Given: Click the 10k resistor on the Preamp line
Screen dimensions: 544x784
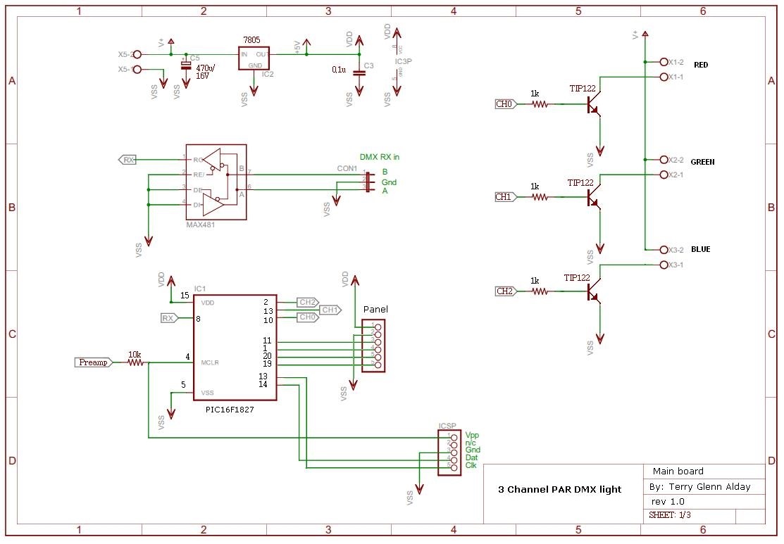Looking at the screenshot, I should pyautogui.click(x=135, y=362).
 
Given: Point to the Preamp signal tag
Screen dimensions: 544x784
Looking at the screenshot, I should pyautogui.click(x=92, y=362).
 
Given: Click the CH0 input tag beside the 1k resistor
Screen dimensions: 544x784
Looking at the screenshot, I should pyautogui.click(x=505, y=104).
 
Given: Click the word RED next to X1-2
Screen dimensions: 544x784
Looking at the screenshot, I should pyautogui.click(x=701, y=65).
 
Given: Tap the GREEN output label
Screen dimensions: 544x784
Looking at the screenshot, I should pyautogui.click(x=702, y=162).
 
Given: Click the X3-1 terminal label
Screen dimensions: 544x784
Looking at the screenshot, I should pyautogui.click(x=676, y=265).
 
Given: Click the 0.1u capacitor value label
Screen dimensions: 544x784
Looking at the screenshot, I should pyautogui.click(x=338, y=70).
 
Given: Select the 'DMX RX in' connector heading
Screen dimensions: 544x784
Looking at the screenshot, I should pyautogui.click(x=384, y=157).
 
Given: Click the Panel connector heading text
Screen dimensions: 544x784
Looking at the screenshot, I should pyautogui.click(x=375, y=310).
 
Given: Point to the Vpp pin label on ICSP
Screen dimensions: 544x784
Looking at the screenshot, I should pyautogui.click(x=472, y=436).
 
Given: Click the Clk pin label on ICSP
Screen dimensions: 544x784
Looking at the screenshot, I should pyautogui.click(x=471, y=466).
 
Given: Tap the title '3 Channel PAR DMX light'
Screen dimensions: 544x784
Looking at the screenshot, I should pyautogui.click(x=559, y=489).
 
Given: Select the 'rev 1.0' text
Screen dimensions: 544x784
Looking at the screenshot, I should pyautogui.click(x=668, y=501).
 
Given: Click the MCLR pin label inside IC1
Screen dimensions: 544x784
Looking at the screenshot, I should pyautogui.click(x=210, y=363).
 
